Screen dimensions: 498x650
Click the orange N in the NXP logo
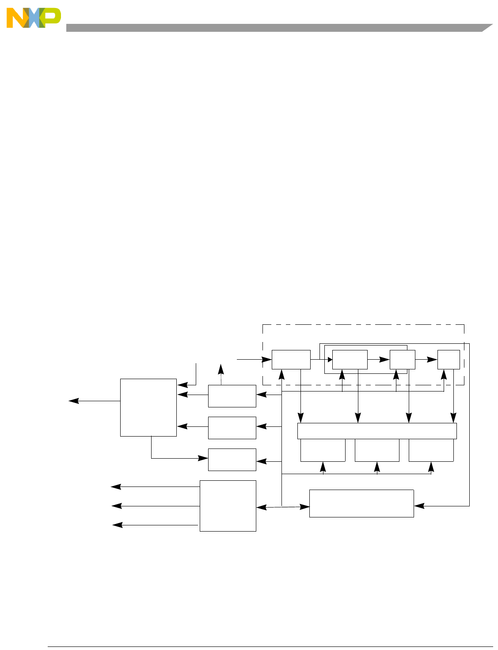(17, 19)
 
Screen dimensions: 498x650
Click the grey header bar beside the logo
(274, 28)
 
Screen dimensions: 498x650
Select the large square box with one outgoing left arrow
(148, 407)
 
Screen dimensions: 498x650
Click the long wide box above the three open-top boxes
(376, 431)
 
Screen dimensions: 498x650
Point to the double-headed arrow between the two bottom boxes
(283, 507)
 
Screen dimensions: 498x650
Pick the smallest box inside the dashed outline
(449, 360)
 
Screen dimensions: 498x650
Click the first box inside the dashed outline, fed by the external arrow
(291, 360)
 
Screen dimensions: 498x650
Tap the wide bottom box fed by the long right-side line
(361, 503)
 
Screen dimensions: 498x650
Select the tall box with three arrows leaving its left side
(228, 506)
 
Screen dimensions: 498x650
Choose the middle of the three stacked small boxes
(232, 428)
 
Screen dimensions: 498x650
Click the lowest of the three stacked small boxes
(232, 460)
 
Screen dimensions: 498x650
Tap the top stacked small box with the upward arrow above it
(232, 396)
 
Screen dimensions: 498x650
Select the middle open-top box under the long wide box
(377, 450)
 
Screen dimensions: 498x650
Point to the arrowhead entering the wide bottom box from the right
(418, 506)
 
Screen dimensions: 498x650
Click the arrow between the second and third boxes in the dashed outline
(379, 360)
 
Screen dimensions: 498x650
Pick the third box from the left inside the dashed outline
(402, 360)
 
